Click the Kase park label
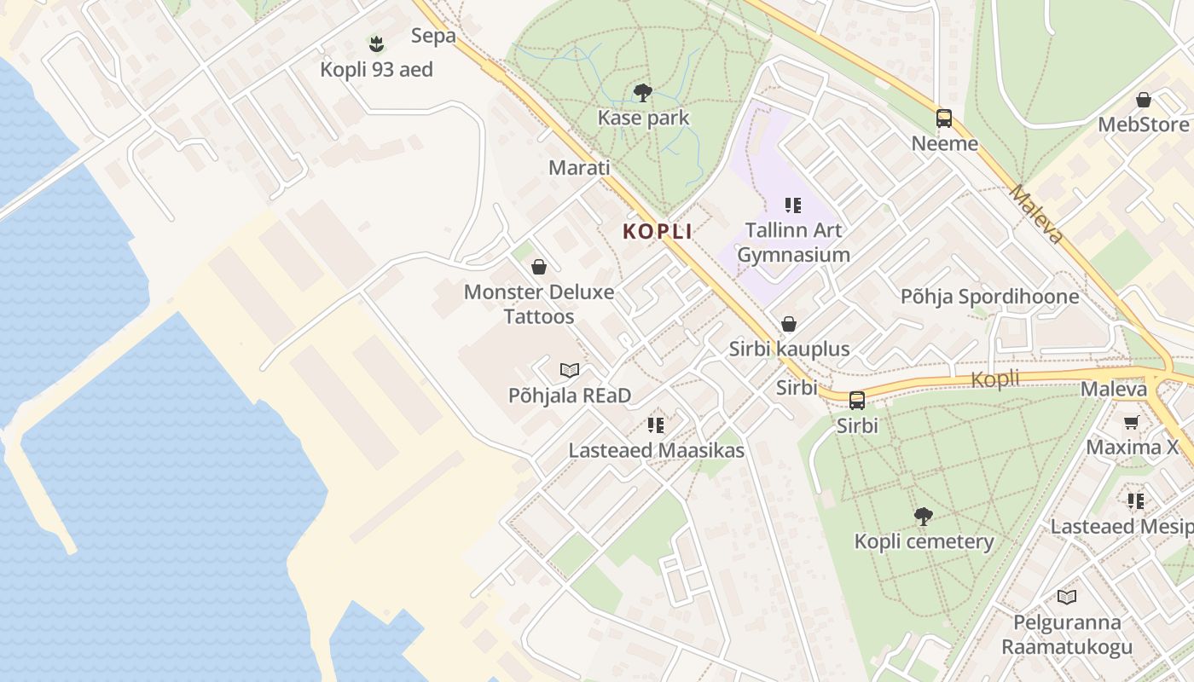(643, 118)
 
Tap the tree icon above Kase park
(643, 93)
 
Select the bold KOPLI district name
(657, 231)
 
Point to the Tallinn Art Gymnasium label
(793, 242)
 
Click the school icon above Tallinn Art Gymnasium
(793, 205)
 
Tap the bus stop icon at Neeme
(944, 118)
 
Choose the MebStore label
(1143, 124)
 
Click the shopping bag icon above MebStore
(1144, 100)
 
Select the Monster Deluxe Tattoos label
(539, 304)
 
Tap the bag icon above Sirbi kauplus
(789, 324)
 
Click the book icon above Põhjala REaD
(570, 370)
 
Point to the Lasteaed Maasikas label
(656, 450)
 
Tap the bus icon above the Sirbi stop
(857, 400)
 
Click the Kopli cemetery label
(924, 541)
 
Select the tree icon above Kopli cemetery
(923, 516)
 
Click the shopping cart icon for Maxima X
(1132, 422)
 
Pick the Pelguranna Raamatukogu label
(1067, 634)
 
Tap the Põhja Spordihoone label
(990, 297)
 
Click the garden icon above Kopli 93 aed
(376, 43)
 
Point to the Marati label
(579, 167)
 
